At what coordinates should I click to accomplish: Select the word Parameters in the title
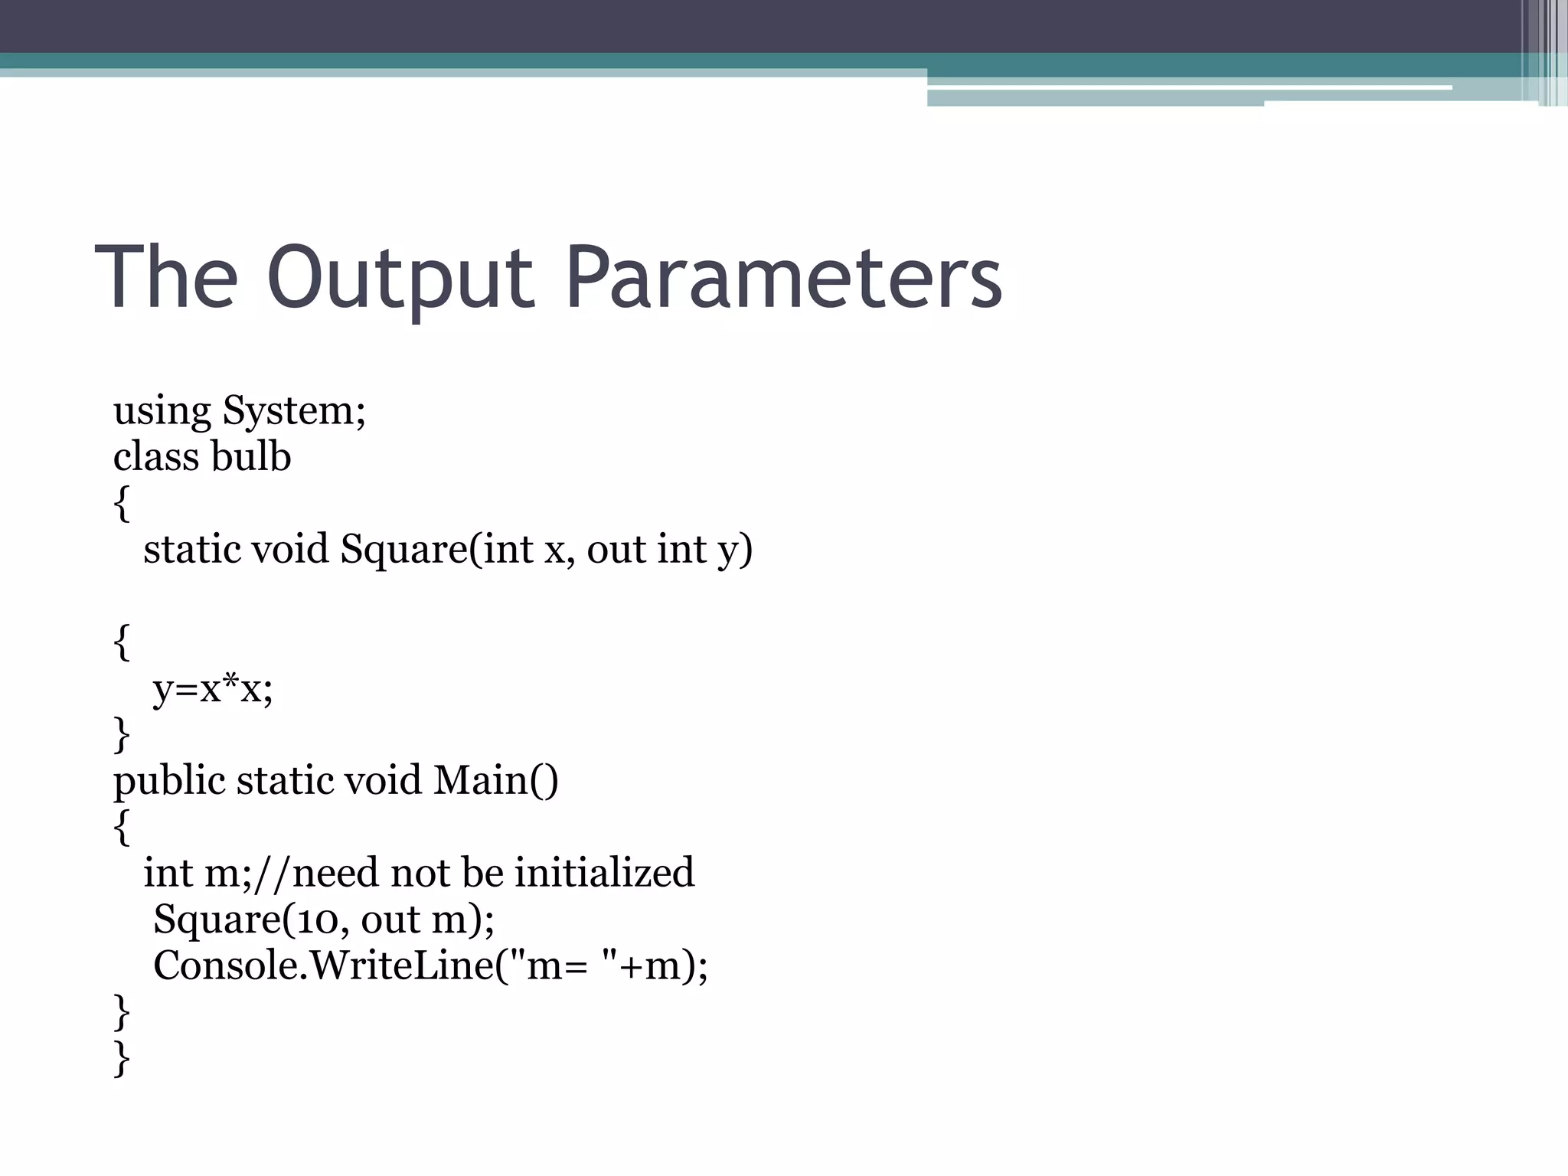click(x=784, y=277)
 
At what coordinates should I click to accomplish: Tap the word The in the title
click(x=166, y=277)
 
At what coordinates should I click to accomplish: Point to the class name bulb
click(x=250, y=457)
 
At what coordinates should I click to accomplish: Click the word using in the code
click(x=162, y=411)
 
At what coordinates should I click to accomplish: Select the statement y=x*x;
click(x=213, y=689)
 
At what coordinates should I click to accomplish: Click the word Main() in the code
click(x=496, y=782)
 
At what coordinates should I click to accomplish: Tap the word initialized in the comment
click(x=604, y=874)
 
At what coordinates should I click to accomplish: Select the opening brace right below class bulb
click(x=121, y=504)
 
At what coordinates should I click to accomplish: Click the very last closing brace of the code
click(x=121, y=1059)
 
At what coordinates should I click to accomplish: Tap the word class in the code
click(x=156, y=457)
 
